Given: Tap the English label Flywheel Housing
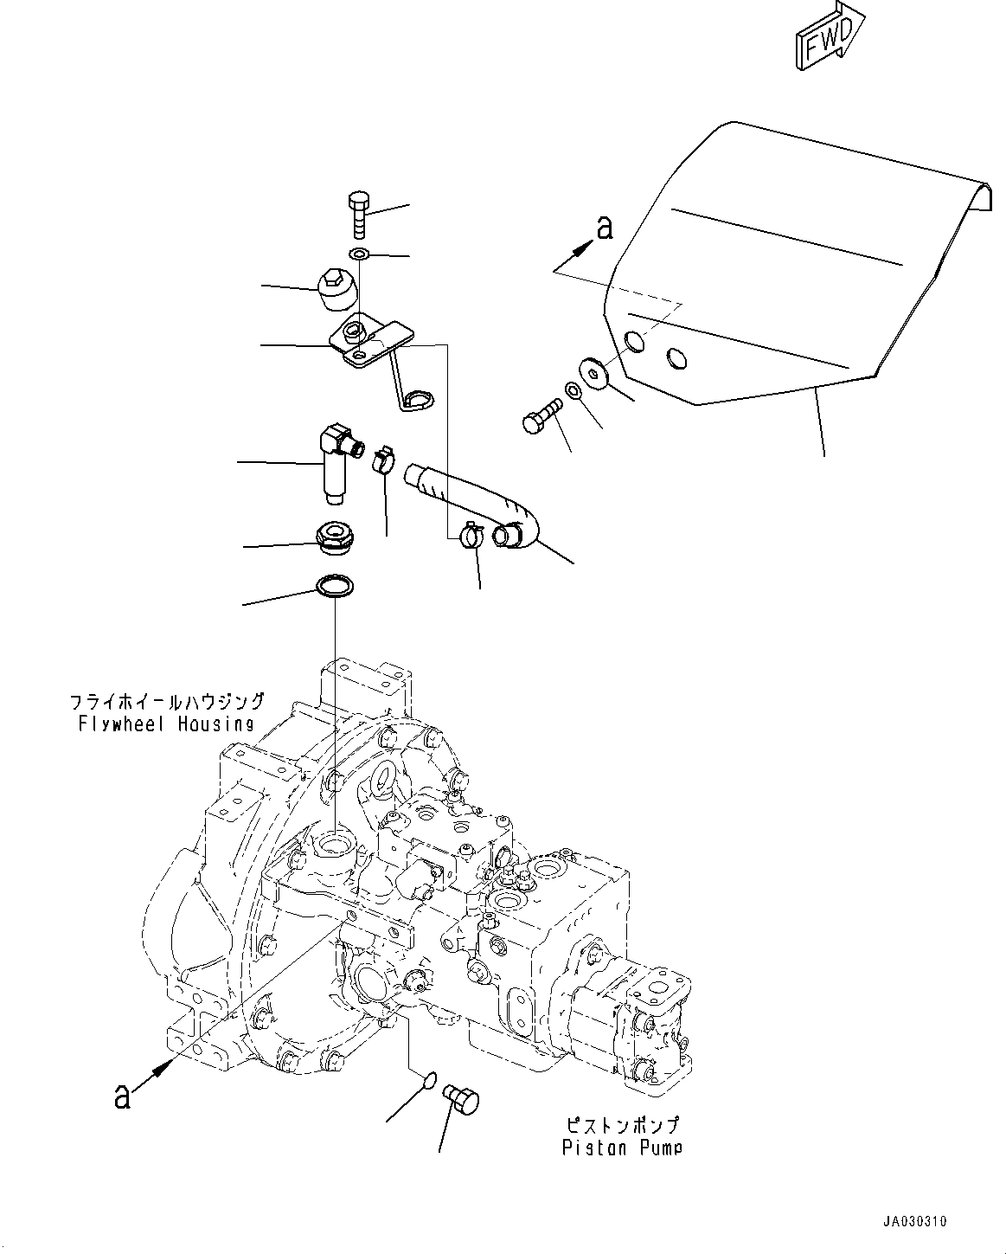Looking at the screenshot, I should [164, 723].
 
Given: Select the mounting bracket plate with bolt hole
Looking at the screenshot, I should [368, 341].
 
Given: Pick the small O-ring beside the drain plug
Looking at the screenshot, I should [427, 1079].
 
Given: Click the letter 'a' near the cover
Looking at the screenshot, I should [605, 228].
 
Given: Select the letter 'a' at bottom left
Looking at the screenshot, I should [123, 1096].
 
